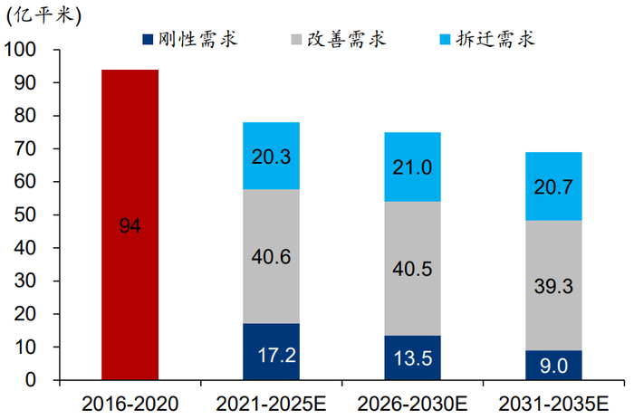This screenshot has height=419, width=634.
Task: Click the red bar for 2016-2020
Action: click(130, 163)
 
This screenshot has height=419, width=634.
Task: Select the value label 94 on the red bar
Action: click(130, 226)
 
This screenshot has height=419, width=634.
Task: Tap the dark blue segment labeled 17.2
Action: click(271, 352)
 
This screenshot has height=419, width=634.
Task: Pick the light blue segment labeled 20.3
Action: click(271, 156)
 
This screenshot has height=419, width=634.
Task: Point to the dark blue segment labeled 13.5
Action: click(412, 357)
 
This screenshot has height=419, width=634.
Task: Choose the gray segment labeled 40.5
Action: click(412, 268)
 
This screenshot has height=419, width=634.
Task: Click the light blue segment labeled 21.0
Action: click(412, 167)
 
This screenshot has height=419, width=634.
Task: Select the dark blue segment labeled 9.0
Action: click(553, 365)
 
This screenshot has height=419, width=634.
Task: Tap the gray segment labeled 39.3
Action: click(553, 285)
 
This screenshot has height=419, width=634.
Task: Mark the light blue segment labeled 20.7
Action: click(553, 186)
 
